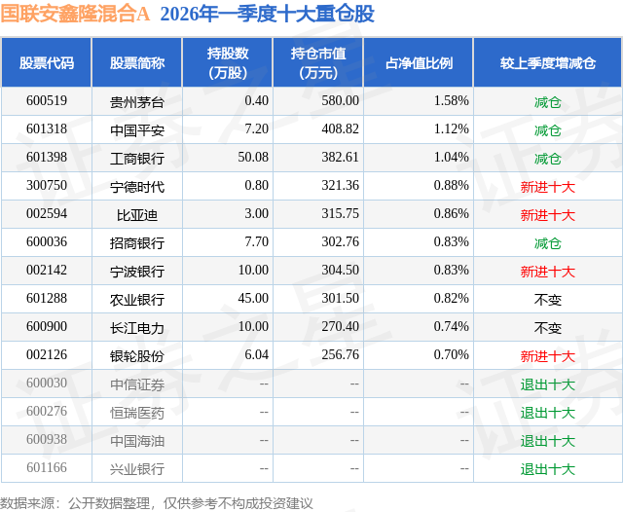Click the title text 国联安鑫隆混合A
[x=76, y=14]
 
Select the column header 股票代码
[x=46, y=63]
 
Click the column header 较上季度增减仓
[x=547, y=63]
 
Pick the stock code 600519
[x=47, y=100]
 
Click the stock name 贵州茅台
[x=136, y=101]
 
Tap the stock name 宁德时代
[x=136, y=186]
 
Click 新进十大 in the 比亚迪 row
[x=547, y=214]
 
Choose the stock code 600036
[x=47, y=242]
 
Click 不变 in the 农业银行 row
[x=547, y=300]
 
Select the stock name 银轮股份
[x=136, y=356]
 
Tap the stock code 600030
[x=47, y=384]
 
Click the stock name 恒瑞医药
[x=136, y=413]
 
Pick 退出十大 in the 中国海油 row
[x=547, y=441]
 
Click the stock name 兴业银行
[x=136, y=469]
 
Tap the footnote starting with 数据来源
[x=157, y=502]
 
